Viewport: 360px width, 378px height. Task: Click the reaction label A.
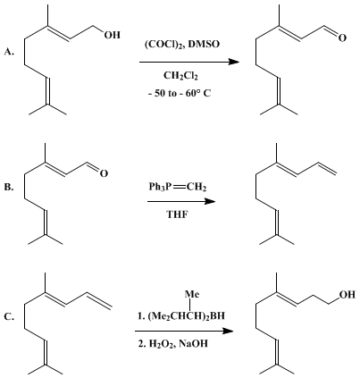[x=9, y=52]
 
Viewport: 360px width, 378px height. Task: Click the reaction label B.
[x=9, y=188]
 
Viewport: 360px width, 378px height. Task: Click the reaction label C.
[x=9, y=317]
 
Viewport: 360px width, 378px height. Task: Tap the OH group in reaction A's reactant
[x=112, y=35]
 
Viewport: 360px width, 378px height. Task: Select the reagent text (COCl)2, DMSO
[x=181, y=45]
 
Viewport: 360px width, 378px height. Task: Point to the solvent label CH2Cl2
[x=180, y=76]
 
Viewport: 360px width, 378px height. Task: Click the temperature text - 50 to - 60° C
[x=180, y=94]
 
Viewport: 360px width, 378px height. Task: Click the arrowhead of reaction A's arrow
[x=234, y=62]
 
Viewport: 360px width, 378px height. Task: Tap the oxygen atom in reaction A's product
[x=342, y=38]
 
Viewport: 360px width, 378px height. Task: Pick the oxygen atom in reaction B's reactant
[x=104, y=173]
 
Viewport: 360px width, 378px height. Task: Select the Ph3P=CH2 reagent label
[x=178, y=188]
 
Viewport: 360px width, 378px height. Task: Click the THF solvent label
[x=178, y=214]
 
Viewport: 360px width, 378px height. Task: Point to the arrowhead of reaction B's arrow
[x=210, y=202]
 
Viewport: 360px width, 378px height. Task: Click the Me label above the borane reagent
[x=192, y=294]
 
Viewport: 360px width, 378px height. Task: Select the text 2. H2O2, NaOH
[x=172, y=344]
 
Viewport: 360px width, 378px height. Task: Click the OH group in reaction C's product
[x=347, y=295]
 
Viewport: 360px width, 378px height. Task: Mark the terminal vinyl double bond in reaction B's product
[x=328, y=169]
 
